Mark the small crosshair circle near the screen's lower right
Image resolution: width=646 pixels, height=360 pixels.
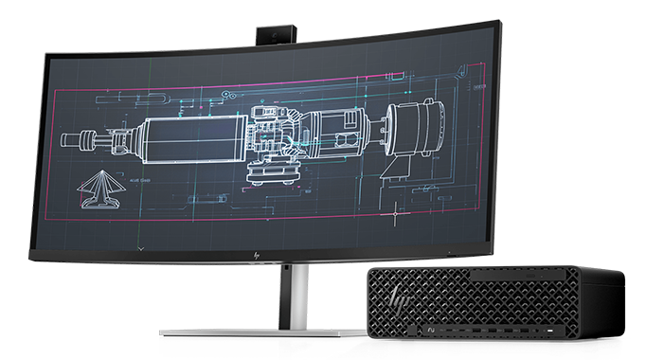[396, 215]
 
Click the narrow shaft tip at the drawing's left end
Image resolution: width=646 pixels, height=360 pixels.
[70, 139]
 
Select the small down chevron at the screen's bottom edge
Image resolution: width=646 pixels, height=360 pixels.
[141, 247]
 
